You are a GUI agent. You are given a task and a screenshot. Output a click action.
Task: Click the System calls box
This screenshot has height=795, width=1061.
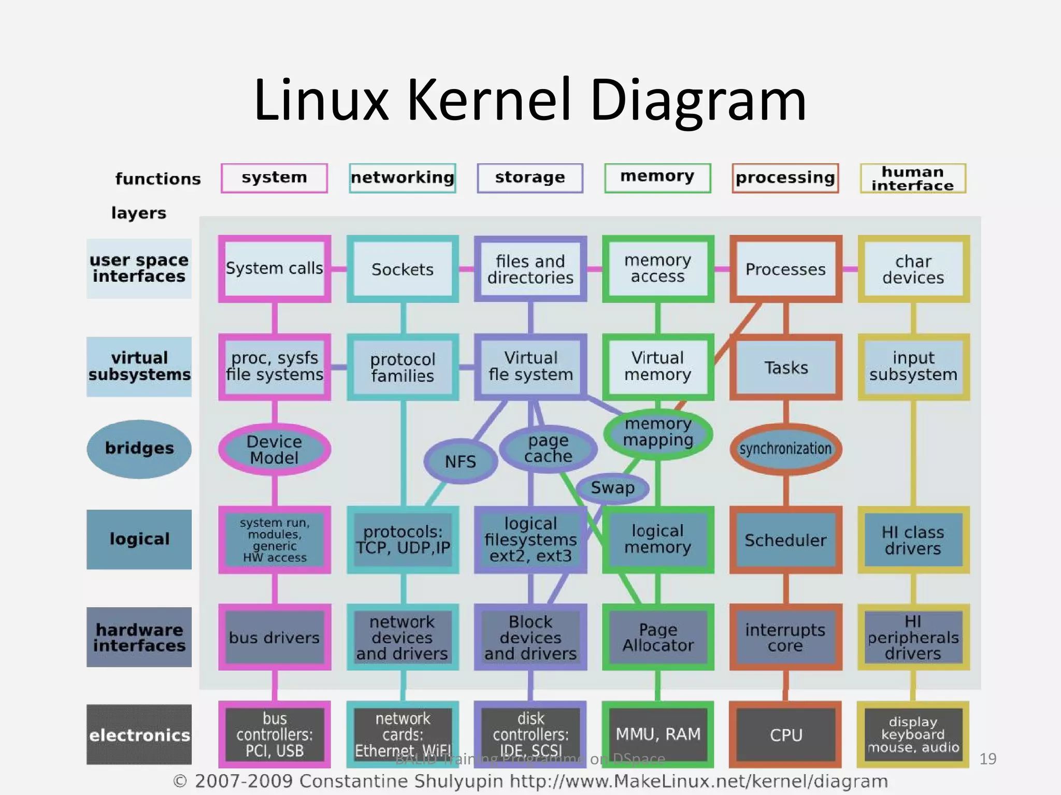click(274, 268)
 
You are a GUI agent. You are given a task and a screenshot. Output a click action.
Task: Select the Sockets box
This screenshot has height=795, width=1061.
click(403, 269)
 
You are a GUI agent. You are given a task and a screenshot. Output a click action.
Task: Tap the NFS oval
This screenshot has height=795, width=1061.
click(460, 461)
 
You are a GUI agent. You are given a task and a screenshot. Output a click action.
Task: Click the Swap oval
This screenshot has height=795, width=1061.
click(612, 487)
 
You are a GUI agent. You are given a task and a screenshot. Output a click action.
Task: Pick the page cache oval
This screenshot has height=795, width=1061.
click(548, 449)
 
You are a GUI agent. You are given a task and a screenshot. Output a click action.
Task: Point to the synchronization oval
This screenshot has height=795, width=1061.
click(785, 449)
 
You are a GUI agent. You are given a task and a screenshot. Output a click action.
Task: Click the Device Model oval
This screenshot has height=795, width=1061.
click(274, 449)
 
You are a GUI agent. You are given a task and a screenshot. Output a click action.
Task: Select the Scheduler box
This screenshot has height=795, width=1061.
click(785, 540)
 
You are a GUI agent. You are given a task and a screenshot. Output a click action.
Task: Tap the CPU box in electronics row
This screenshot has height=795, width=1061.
click(785, 734)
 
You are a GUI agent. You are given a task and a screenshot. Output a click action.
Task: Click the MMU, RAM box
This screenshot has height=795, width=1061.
click(657, 734)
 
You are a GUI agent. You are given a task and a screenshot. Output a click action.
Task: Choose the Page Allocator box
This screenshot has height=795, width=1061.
click(657, 637)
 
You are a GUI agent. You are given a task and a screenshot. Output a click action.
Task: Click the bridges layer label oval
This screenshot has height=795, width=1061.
click(139, 449)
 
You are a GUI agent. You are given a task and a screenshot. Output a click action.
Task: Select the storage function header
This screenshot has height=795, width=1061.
click(529, 178)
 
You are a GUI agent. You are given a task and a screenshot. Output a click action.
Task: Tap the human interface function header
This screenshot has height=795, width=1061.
click(912, 178)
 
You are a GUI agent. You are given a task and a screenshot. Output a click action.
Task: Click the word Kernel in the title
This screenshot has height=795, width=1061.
click(488, 99)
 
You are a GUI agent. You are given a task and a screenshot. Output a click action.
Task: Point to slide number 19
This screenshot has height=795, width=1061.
click(987, 759)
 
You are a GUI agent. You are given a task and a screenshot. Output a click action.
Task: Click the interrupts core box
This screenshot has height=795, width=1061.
click(785, 637)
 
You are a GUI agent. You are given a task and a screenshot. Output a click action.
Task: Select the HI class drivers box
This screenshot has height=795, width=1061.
click(913, 540)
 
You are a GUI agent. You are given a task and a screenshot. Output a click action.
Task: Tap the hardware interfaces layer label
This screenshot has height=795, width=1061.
click(139, 637)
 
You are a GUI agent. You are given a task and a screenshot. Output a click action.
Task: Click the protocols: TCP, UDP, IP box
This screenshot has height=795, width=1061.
click(403, 540)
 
